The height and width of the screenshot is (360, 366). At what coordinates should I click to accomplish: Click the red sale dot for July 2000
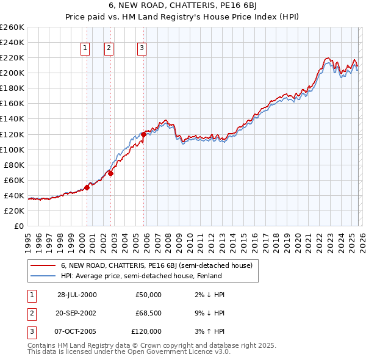[x=87, y=187]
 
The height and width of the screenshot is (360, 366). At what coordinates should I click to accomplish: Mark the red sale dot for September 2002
[x=111, y=173]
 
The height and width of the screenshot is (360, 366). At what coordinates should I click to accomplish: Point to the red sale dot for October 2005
[x=144, y=134]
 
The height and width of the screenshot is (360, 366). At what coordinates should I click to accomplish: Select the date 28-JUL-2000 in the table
[x=77, y=295]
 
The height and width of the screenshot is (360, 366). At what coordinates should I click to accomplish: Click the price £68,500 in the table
[x=148, y=313]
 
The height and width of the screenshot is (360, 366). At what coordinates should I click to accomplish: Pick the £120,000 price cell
[x=146, y=331]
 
